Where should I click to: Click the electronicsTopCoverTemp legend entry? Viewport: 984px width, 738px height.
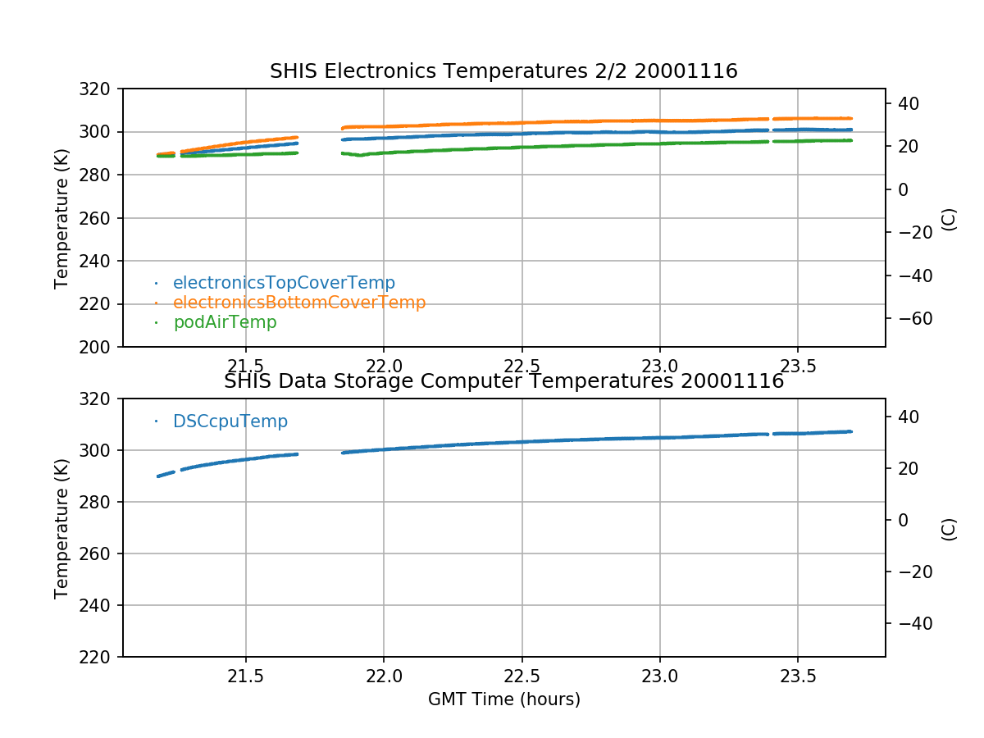click(284, 283)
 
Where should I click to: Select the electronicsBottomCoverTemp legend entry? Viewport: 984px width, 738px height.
click(299, 303)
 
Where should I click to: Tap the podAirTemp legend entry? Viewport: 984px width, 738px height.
click(225, 322)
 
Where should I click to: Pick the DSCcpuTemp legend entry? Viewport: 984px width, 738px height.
click(230, 421)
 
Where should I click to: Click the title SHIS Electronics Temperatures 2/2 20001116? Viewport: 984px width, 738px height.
click(503, 71)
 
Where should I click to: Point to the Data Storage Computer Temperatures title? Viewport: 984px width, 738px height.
click(503, 381)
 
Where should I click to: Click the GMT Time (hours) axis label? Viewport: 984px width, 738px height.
click(503, 699)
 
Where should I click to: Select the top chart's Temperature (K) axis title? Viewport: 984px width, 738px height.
click(61, 218)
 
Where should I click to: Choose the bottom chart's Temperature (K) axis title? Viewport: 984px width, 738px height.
click(61, 528)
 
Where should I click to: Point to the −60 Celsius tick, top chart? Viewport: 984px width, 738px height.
click(911, 318)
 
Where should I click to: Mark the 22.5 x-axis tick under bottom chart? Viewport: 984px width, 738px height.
click(522, 676)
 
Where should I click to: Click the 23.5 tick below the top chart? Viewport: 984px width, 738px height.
click(798, 366)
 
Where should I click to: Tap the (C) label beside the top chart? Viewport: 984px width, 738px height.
click(949, 218)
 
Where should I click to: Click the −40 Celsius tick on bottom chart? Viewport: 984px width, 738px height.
click(911, 623)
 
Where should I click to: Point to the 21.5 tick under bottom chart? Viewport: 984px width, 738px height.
click(245, 676)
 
